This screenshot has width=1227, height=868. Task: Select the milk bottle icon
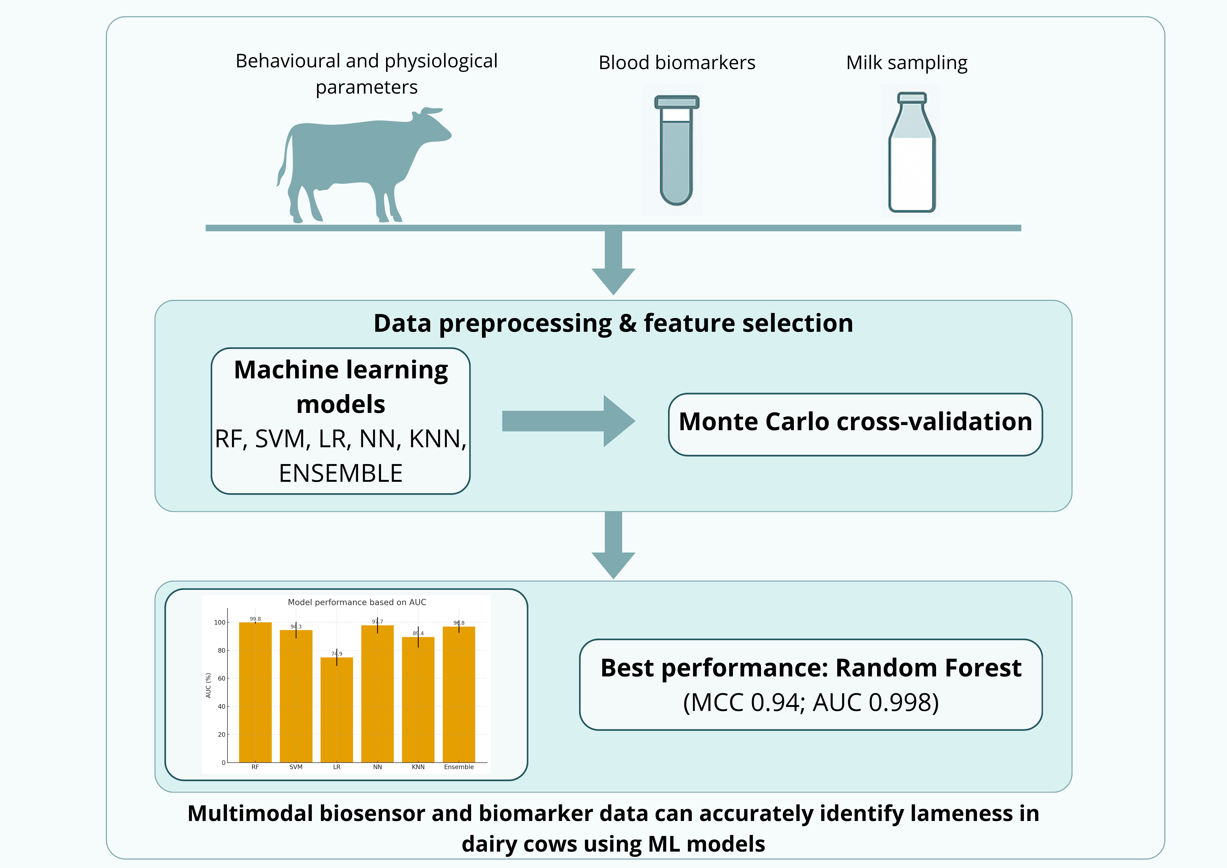coord(912,160)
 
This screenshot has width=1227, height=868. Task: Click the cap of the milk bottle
coord(912,98)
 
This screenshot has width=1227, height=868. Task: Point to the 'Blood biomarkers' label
coord(677,63)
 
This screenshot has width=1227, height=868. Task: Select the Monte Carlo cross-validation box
coord(855,424)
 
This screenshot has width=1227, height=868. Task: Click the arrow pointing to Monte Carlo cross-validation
coord(566,421)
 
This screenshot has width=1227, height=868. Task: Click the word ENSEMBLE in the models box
coord(340,473)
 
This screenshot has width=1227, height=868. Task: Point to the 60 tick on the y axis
coord(221,678)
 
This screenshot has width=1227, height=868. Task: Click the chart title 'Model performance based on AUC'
coord(357,602)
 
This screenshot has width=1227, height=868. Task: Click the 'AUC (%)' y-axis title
coord(208,685)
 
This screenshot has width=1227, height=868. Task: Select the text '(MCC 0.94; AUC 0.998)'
coord(811,703)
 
